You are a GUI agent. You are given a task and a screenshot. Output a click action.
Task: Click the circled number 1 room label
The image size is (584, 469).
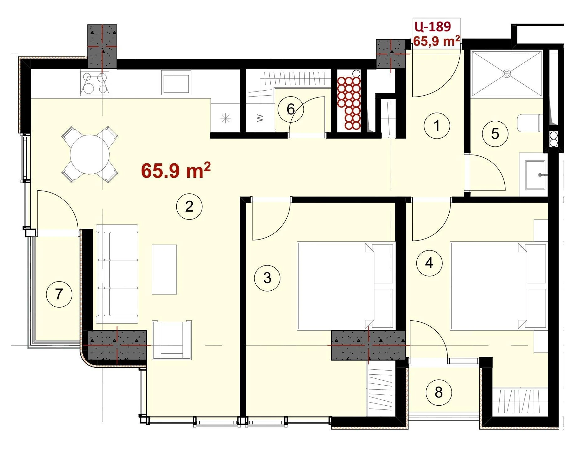tap(437, 126)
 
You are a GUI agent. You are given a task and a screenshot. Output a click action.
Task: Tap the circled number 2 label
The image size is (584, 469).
tap(189, 207)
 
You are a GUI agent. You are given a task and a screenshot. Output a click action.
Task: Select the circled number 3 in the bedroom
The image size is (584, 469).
tap(267, 278)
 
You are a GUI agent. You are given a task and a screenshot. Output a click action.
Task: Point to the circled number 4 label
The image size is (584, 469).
tap(429, 263)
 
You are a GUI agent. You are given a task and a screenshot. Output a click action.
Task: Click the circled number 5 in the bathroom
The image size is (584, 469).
tap(495, 134)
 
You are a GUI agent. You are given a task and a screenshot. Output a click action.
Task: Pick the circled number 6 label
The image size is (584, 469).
tap(291, 109)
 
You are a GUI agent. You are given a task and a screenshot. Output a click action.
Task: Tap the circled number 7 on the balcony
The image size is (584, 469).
tap(59, 294)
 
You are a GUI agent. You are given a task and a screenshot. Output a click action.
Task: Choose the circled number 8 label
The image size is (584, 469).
tap(439, 392)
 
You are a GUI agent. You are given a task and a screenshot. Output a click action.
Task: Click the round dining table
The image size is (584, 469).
tap(90, 155)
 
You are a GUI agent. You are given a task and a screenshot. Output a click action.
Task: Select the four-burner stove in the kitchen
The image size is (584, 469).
tap(95, 83)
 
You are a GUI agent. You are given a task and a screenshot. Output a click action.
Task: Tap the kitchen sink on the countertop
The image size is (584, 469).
tap(176, 82)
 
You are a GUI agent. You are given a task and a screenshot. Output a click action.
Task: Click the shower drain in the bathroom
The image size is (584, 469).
tap(507, 74)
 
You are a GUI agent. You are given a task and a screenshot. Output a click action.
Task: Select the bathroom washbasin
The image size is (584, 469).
tap(535, 175)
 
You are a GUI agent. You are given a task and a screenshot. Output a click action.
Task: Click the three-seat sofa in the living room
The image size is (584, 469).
tap(117, 274)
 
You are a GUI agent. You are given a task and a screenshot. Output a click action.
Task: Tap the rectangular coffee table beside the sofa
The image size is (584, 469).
tap(164, 270)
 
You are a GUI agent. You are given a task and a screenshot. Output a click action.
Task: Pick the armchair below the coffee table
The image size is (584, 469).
tap(172, 340)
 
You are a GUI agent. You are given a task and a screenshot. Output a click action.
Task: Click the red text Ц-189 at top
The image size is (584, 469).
tap(433, 27)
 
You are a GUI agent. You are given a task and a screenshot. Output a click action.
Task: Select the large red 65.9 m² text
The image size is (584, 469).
tap(176, 171)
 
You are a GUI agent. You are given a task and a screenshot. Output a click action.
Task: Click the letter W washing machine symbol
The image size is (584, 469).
tap(260, 118)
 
